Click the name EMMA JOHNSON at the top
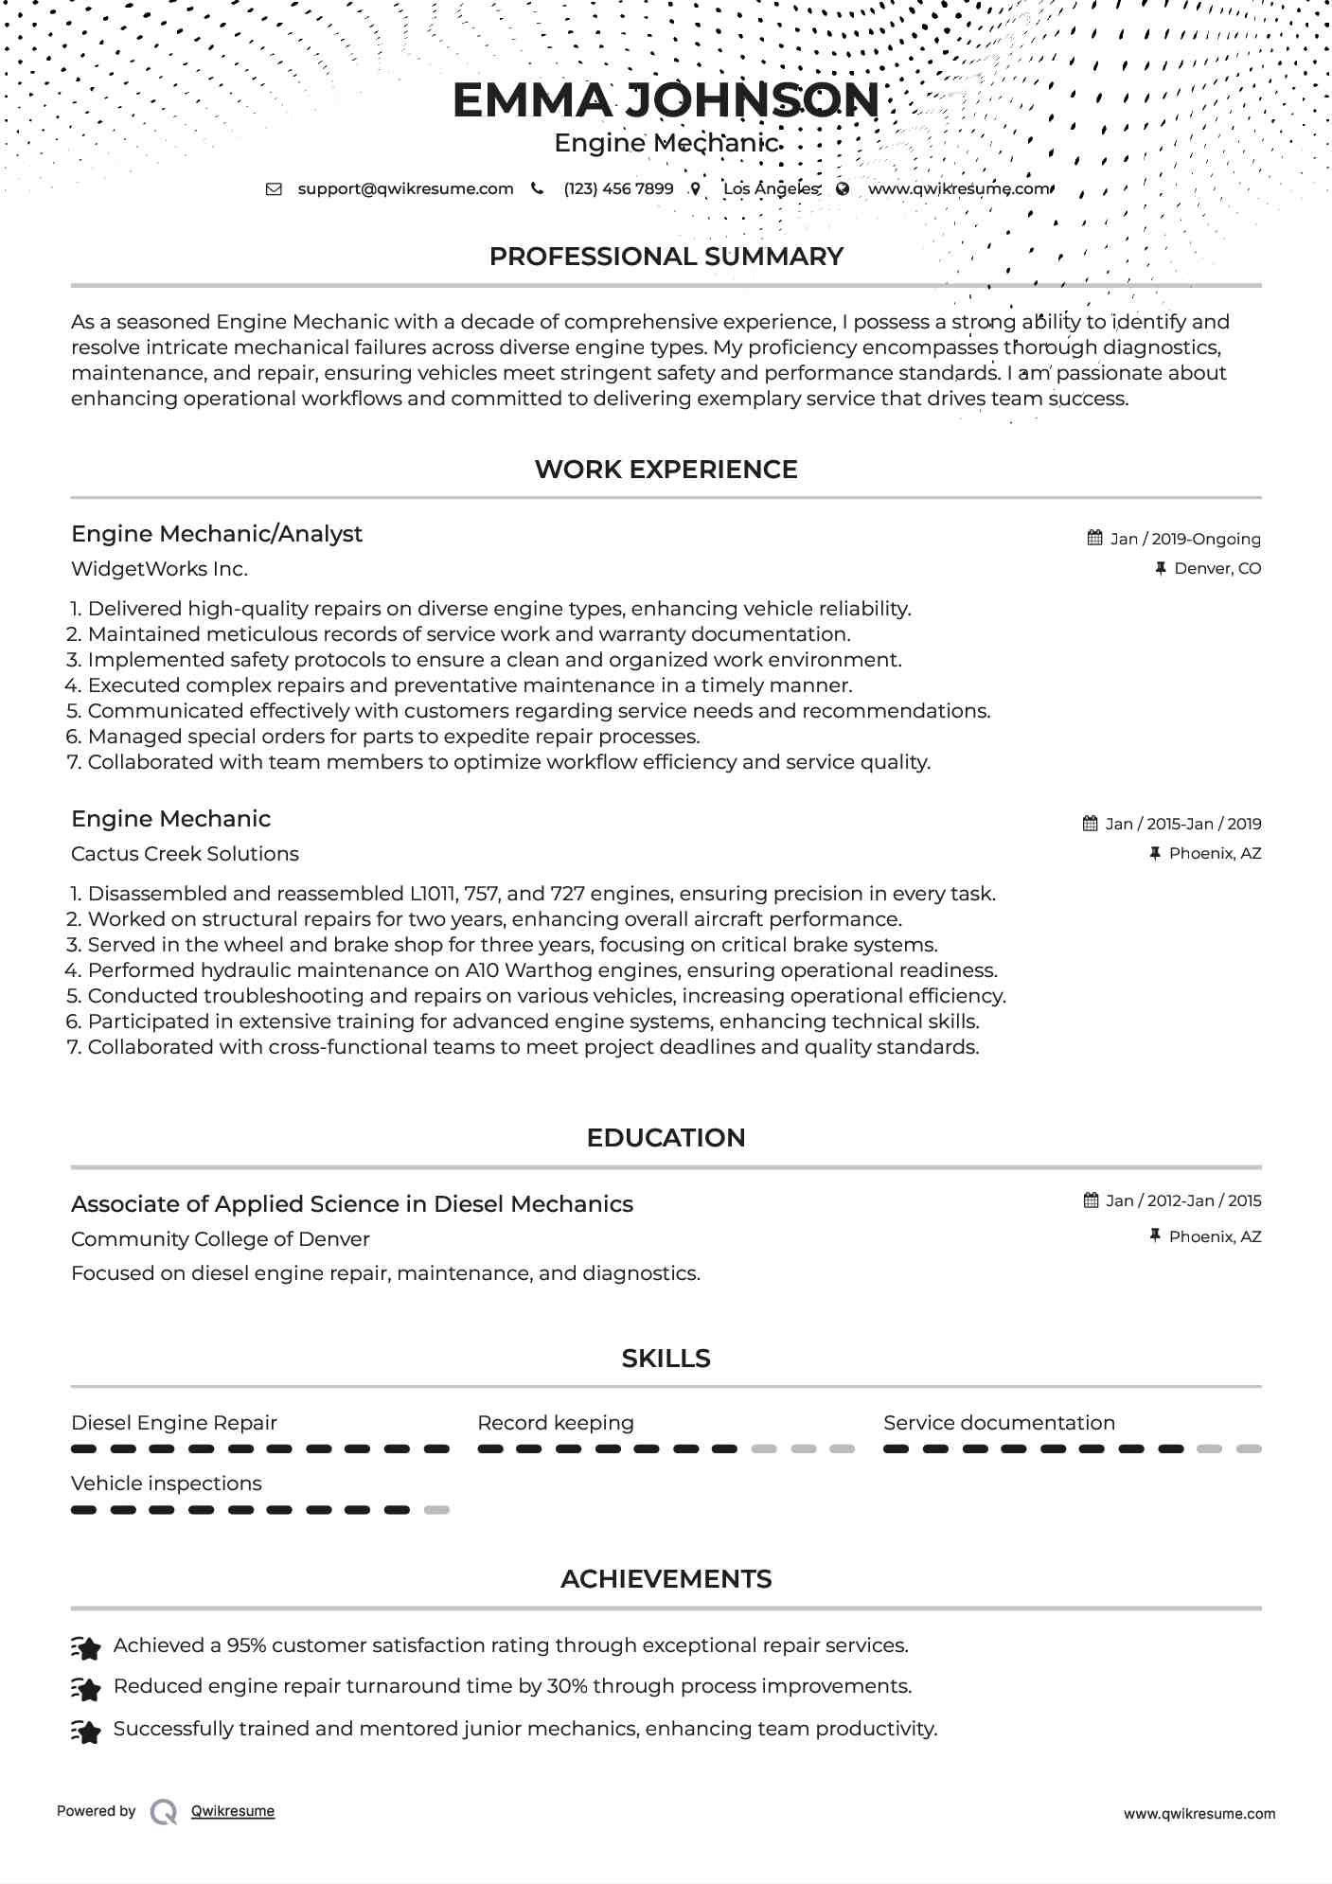point(666,100)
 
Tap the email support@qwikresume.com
point(405,188)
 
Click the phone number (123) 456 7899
point(618,188)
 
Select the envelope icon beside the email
point(274,188)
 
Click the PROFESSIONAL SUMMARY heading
point(666,257)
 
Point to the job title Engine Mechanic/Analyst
point(217,534)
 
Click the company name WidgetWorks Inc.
point(159,569)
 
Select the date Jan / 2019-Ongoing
point(1185,539)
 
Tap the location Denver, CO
point(1217,568)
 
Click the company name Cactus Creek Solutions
point(185,854)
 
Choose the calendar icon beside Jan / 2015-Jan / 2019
point(1091,824)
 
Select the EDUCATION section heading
point(666,1138)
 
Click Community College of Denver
point(220,1239)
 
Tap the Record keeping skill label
point(556,1423)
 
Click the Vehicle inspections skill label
point(166,1484)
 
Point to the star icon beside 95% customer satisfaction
point(86,1648)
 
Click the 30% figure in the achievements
point(566,1686)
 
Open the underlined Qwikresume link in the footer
point(233,1811)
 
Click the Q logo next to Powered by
point(164,1812)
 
